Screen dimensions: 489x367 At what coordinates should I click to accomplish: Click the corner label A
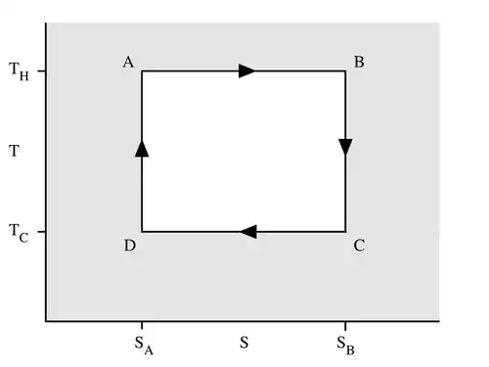pyautogui.click(x=128, y=62)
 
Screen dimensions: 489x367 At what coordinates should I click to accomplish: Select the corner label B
pyautogui.click(x=359, y=62)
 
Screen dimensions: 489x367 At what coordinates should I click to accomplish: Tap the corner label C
pyautogui.click(x=359, y=246)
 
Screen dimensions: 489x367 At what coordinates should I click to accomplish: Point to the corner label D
pyautogui.click(x=130, y=246)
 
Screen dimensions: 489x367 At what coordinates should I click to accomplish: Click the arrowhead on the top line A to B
pyautogui.click(x=246, y=70)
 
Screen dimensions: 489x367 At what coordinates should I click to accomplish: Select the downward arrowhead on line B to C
pyautogui.click(x=345, y=147)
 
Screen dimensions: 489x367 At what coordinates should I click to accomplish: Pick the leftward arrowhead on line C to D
pyautogui.click(x=248, y=232)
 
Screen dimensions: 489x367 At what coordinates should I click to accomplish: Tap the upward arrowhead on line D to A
pyautogui.click(x=142, y=149)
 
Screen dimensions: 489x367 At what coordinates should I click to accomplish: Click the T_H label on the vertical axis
pyautogui.click(x=19, y=71)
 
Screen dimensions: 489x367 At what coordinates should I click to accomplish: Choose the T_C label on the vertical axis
pyautogui.click(x=19, y=233)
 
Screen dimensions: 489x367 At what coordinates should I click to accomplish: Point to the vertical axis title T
pyautogui.click(x=14, y=151)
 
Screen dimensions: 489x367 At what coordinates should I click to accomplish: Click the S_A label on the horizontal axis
pyautogui.click(x=144, y=345)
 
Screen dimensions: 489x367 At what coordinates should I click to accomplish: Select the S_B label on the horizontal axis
pyautogui.click(x=345, y=345)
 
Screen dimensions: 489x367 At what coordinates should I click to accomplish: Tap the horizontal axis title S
pyautogui.click(x=244, y=343)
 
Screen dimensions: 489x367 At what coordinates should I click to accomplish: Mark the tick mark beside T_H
pyautogui.click(x=42, y=70)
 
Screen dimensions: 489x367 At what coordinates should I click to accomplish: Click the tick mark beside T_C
pyautogui.click(x=42, y=232)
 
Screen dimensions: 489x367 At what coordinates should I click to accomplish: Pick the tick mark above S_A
pyautogui.click(x=142, y=325)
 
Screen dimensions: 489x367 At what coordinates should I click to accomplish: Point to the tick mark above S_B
pyautogui.click(x=345, y=325)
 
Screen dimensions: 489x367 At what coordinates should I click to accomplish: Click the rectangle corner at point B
pyautogui.click(x=345, y=70)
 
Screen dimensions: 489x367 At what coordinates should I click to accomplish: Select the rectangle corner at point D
pyautogui.click(x=142, y=232)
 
